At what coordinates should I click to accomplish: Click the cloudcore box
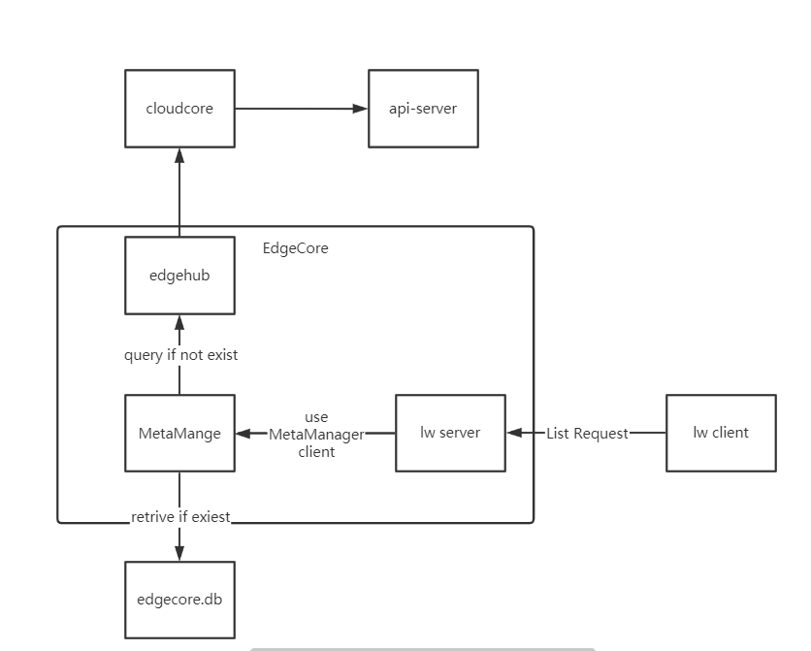click(x=179, y=109)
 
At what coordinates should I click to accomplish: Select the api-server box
click(x=423, y=109)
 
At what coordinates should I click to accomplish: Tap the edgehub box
click(x=179, y=276)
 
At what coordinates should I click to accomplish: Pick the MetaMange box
click(x=179, y=434)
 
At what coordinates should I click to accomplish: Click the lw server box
click(x=450, y=433)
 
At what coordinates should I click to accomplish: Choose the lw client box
click(x=721, y=433)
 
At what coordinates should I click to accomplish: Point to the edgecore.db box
click(x=179, y=600)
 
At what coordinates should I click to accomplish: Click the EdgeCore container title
click(x=296, y=248)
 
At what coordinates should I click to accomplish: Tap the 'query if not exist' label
click(x=180, y=355)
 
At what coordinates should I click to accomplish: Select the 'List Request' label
click(x=587, y=434)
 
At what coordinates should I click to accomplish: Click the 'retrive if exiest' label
click(x=181, y=517)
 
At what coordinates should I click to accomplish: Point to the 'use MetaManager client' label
click(x=316, y=435)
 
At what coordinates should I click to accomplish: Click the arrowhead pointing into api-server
click(x=360, y=109)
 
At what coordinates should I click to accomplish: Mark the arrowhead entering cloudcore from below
click(x=179, y=155)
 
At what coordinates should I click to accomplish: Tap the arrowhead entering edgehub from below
click(x=179, y=323)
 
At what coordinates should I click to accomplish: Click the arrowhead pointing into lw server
click(x=514, y=434)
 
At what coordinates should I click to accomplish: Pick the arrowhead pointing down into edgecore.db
click(x=179, y=553)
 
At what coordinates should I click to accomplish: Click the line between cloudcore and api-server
click(x=291, y=109)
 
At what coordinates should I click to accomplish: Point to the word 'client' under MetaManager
click(x=316, y=452)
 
